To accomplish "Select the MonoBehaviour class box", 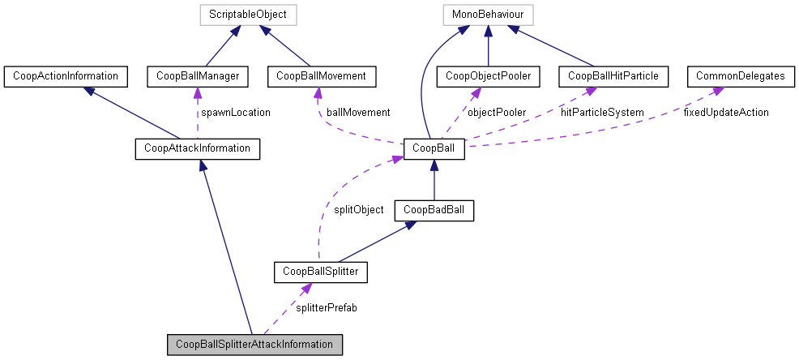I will point(488,15).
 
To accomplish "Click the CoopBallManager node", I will point(197,76).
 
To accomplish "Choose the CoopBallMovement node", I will point(321,76).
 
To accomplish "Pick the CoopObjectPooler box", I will point(488,76).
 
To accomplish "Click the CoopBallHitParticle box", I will point(613,76).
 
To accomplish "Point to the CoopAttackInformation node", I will point(197,148).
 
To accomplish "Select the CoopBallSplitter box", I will point(321,272).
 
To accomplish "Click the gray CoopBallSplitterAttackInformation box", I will point(254,344).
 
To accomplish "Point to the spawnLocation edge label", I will point(235,112).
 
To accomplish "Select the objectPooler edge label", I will point(496,112).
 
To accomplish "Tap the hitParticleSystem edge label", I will point(602,112).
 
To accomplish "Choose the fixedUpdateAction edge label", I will point(725,112).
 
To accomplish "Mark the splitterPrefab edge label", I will point(327,308).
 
